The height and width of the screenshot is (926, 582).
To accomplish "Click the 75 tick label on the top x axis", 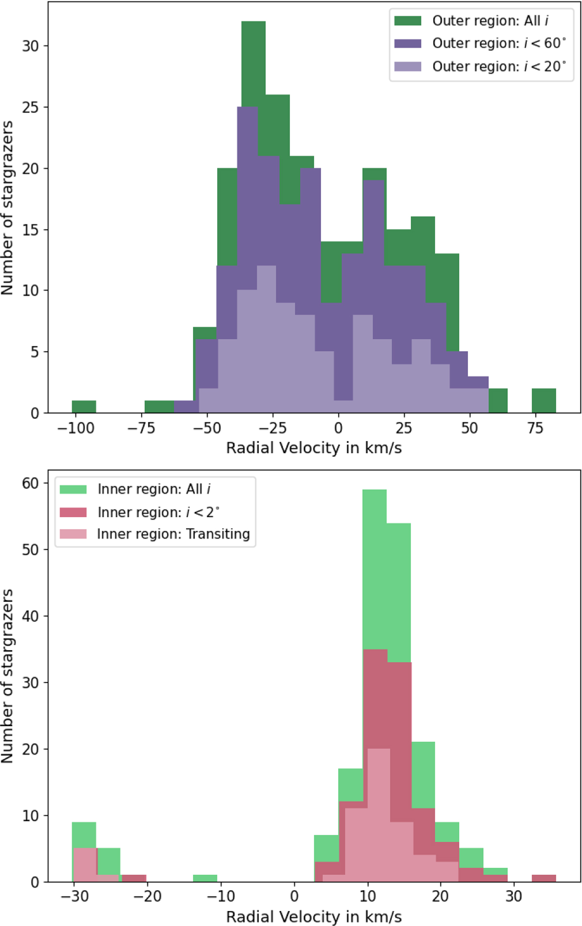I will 535,428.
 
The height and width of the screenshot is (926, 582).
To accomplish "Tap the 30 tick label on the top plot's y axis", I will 30,46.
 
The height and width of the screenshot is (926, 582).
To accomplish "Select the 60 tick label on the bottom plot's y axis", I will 30,483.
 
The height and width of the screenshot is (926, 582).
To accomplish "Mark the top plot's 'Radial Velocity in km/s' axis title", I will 314,448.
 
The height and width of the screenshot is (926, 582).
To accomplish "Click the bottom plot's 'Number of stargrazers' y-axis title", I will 7,676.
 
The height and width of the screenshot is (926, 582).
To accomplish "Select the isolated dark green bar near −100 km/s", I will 84,407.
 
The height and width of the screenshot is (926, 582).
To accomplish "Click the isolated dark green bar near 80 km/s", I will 544,401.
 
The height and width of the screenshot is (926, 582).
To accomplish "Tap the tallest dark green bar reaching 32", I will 253,63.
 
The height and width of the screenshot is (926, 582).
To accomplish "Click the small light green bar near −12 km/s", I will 205,878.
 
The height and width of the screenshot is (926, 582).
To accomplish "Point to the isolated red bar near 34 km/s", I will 544,878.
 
